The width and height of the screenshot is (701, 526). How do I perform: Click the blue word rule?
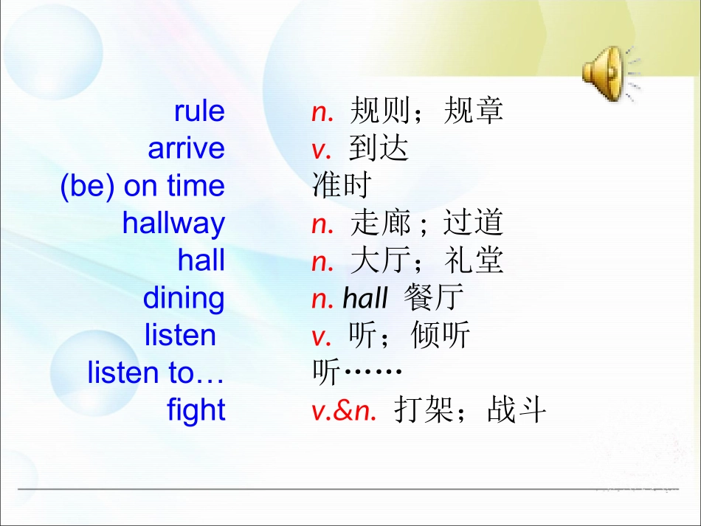(199, 111)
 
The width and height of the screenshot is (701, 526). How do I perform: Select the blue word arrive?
(186, 149)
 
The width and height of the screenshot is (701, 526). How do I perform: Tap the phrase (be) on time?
(142, 187)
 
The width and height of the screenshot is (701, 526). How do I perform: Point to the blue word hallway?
(173, 224)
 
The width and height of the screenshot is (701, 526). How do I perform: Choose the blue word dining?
(184, 298)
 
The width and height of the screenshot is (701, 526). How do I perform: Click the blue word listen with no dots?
(181, 336)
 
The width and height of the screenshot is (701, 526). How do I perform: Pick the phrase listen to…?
(156, 373)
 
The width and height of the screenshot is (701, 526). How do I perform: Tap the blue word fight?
(196, 410)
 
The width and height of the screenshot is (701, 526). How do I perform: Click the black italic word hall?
(365, 299)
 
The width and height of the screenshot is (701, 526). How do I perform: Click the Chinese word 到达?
(379, 149)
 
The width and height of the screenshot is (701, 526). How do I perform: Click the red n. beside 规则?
(322, 112)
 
